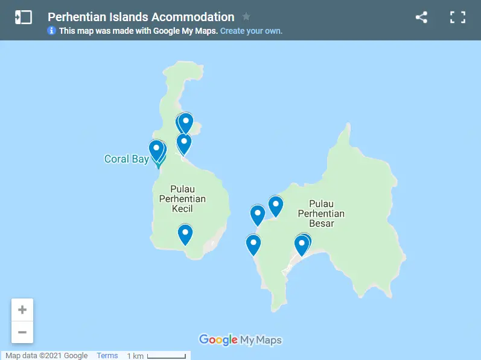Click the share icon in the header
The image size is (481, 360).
click(x=421, y=17)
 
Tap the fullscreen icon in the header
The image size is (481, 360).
click(x=457, y=17)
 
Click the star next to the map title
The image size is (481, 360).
click(x=246, y=17)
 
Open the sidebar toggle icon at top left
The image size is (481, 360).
click(x=23, y=17)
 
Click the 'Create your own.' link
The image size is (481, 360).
click(x=251, y=31)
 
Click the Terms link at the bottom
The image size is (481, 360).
click(x=107, y=356)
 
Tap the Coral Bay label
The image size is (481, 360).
click(x=126, y=159)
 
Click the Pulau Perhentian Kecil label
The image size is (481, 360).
click(x=182, y=198)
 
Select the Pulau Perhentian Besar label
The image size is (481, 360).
click(x=321, y=213)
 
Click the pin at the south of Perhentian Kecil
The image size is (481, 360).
click(x=185, y=234)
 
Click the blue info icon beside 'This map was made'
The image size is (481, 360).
click(x=51, y=31)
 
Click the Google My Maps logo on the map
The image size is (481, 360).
click(x=240, y=340)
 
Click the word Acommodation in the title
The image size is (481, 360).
click(x=194, y=17)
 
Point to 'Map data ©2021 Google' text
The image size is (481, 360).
click(x=46, y=356)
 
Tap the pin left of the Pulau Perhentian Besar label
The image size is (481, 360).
click(x=276, y=206)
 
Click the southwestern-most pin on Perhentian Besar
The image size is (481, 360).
click(x=253, y=244)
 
